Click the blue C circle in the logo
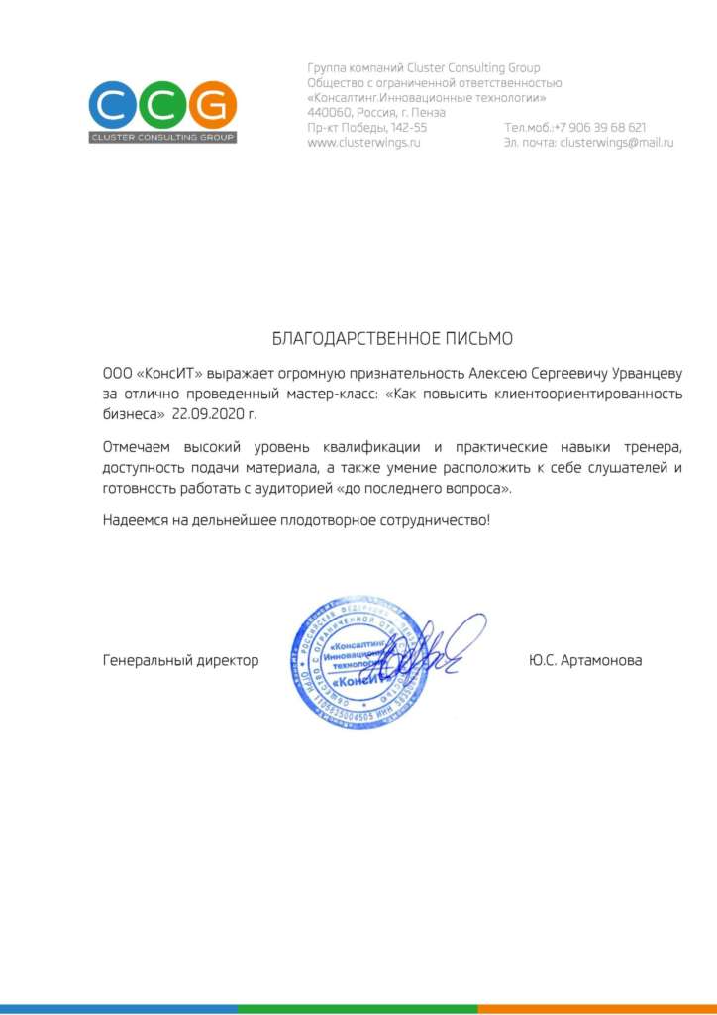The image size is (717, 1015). [x=111, y=104]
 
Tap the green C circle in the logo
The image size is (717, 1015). [x=162, y=104]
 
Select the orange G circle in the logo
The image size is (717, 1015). [x=214, y=104]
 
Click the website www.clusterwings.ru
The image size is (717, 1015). [x=364, y=143]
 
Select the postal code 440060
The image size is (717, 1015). [x=330, y=113]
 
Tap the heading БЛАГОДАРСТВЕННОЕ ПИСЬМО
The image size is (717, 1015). [x=392, y=339]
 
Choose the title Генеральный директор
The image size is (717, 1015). [x=180, y=660]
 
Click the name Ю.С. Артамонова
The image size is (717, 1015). [x=585, y=660]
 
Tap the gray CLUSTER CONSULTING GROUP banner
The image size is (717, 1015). [x=162, y=137]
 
